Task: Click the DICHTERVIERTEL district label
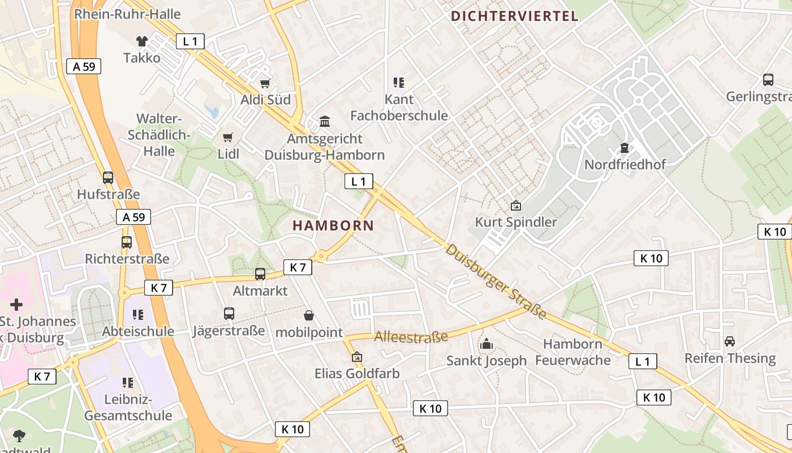tap(515, 16)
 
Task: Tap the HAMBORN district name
tap(333, 225)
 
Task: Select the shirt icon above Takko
tap(141, 41)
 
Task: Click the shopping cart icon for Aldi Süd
tap(265, 83)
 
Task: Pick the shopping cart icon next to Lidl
tap(228, 137)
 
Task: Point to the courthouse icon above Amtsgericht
tap(325, 121)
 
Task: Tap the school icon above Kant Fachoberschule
tap(399, 83)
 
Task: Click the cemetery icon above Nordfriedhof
tap(625, 148)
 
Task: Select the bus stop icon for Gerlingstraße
tap(768, 80)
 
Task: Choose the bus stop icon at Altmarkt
tap(260, 274)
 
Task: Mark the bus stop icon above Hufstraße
tap(108, 178)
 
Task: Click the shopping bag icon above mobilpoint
tap(309, 315)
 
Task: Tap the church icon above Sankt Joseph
tap(486, 344)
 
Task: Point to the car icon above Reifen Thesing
tap(730, 341)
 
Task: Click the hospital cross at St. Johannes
tap(16, 305)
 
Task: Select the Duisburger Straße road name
tap(496, 281)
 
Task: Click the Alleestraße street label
tap(411, 337)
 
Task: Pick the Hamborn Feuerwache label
tap(573, 352)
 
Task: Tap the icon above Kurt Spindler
tap(515, 206)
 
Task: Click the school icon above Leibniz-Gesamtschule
tap(128, 383)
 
